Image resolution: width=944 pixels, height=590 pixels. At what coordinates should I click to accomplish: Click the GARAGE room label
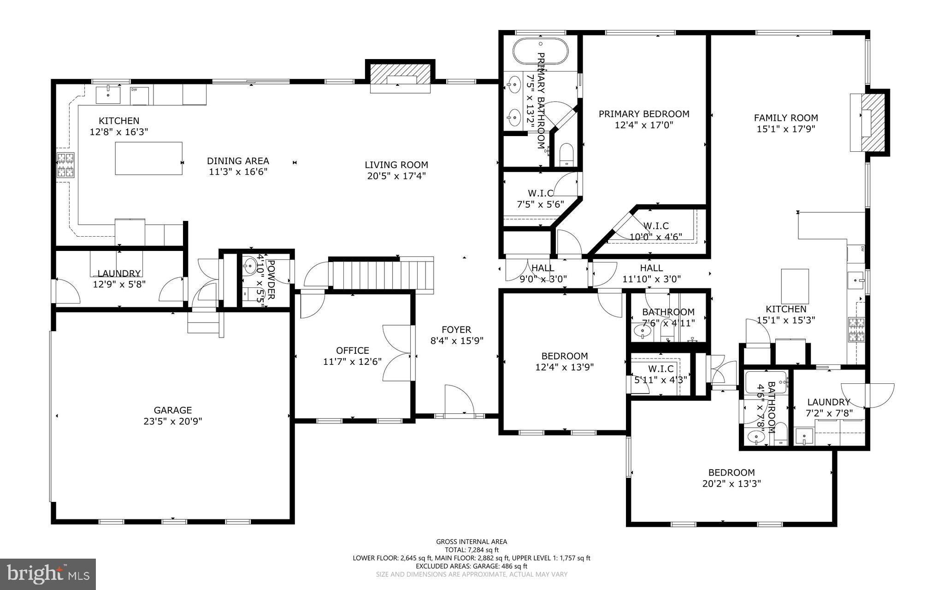[x=172, y=410]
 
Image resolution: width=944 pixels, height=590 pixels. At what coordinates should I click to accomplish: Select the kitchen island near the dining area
[x=148, y=158]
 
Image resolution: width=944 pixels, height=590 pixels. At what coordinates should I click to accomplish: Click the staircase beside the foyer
[x=382, y=275]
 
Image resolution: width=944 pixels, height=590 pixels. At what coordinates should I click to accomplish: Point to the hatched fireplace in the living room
[x=400, y=73]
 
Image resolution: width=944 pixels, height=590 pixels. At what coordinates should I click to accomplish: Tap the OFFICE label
[x=352, y=351]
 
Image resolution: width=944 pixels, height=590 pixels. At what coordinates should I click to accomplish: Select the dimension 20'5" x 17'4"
[x=396, y=176]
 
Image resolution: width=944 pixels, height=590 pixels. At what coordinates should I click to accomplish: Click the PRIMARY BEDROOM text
[x=643, y=114]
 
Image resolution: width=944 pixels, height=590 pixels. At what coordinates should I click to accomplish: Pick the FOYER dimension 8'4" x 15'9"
[x=456, y=341]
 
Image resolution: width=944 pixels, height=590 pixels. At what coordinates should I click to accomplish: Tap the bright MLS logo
[x=48, y=573]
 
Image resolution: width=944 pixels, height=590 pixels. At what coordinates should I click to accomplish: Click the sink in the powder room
[x=250, y=265]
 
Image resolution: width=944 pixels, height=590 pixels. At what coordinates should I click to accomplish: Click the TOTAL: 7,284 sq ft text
[x=471, y=550]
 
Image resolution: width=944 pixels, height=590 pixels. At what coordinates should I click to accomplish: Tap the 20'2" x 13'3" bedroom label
[x=731, y=483]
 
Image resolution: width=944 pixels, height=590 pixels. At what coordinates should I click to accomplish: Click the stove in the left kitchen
[x=65, y=165]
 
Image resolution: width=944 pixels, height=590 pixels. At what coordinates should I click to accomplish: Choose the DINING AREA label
[x=237, y=161]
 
